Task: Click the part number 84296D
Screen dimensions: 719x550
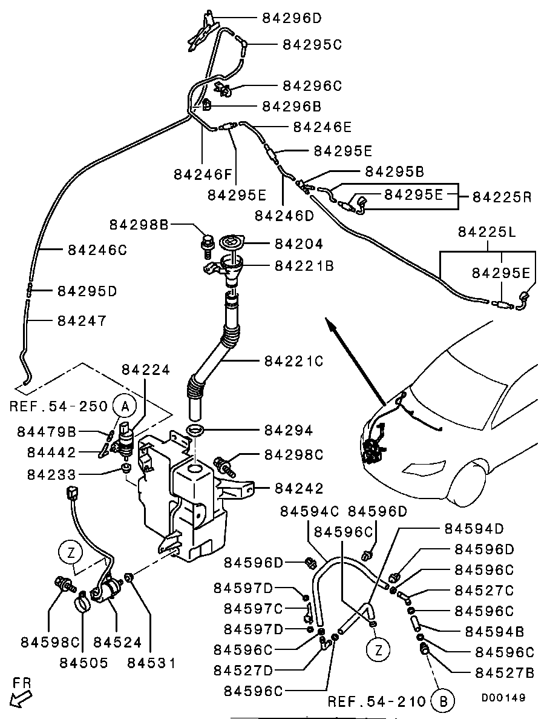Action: pos(292,18)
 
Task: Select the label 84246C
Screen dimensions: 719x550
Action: pos(97,249)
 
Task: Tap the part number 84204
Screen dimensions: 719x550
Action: pos(299,244)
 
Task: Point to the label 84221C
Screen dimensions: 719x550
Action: pos(294,361)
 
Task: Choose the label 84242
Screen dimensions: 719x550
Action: pos(299,488)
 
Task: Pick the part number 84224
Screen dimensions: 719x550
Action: pos(146,369)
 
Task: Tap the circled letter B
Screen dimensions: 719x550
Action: pos(443,701)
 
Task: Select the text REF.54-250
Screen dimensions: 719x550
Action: pos(59,406)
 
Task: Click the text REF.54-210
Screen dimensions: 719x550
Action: pos(377,701)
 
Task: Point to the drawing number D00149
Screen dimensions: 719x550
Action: pos(503,697)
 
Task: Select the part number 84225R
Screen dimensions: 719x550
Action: pos(502,197)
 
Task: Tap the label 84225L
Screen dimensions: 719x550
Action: pos(488,231)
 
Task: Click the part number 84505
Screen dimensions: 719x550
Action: pos(83,662)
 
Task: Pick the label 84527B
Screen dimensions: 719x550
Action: pos(505,672)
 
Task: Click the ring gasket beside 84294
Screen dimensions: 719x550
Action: pos(195,430)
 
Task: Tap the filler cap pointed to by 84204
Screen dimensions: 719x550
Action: pos(231,243)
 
